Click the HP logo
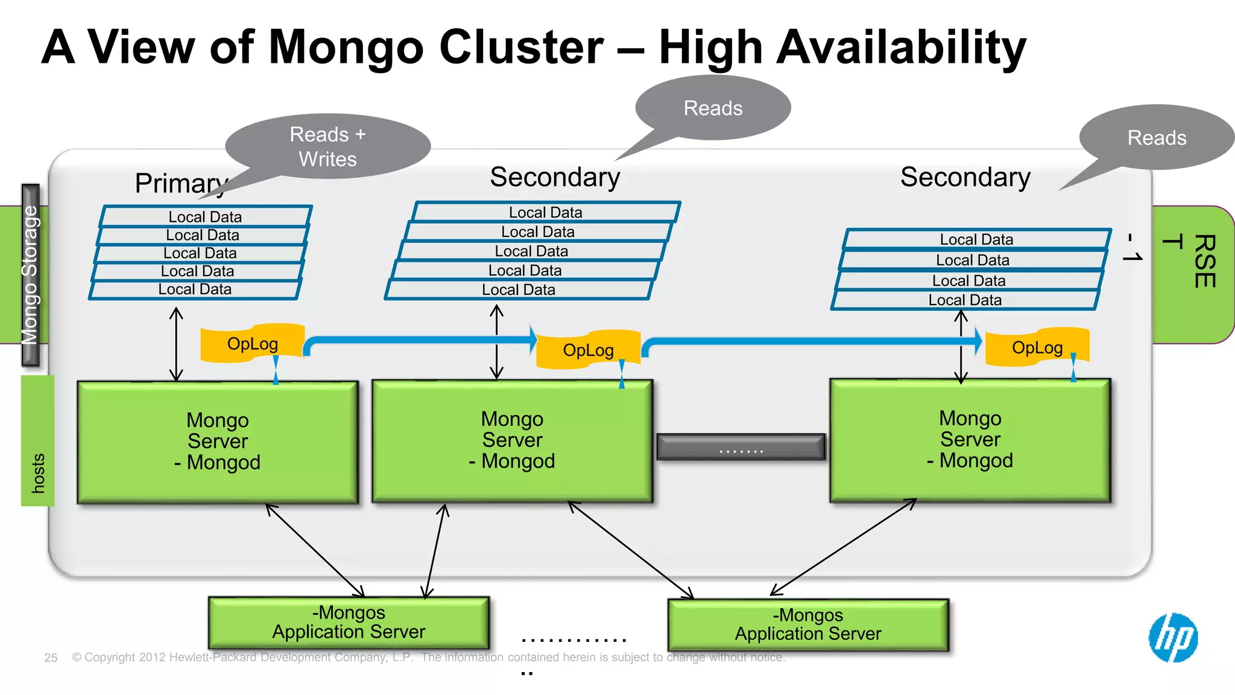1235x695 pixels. [1173, 638]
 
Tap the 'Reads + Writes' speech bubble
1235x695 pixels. [328, 147]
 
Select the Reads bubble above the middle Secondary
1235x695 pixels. [713, 108]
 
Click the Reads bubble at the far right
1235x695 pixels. [1157, 138]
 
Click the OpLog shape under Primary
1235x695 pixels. [252, 344]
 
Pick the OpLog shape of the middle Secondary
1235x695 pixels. [588, 350]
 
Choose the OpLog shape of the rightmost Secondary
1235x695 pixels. [1037, 347]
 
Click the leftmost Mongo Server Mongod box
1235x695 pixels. [218, 442]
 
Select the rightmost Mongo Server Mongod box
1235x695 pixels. [970, 440]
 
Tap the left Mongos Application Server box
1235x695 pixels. [349, 622]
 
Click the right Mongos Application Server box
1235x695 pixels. [808, 624]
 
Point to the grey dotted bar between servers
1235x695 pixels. [741, 447]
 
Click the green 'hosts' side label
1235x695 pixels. [37, 440]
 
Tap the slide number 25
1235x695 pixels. [51, 658]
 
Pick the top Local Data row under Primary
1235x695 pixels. [205, 217]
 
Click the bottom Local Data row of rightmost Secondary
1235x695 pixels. [965, 300]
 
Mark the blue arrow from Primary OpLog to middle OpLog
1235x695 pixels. [422, 340]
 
